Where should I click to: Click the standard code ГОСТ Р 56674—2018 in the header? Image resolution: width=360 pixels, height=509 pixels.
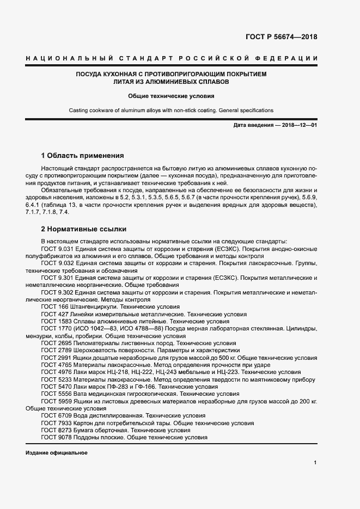pos(282,37)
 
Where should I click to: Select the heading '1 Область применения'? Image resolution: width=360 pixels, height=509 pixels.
pos(82,154)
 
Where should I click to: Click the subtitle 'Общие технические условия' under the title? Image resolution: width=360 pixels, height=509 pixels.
pos(171,95)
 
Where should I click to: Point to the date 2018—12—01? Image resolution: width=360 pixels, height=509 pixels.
pos(298,125)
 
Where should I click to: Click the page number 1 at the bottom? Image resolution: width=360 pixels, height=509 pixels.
pos(315,462)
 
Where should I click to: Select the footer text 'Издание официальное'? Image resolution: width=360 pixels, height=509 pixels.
pos(56,453)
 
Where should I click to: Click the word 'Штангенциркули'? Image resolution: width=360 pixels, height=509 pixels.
pos(92,307)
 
